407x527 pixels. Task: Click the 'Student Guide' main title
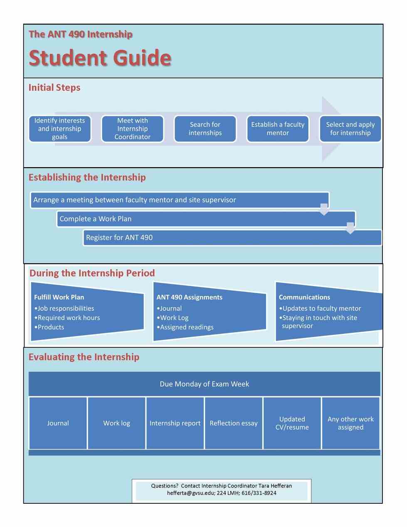[x=100, y=58]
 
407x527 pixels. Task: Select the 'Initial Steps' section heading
[x=54, y=88]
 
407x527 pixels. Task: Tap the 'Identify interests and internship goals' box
[x=60, y=129]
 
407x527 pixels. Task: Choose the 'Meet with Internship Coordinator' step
[x=132, y=129]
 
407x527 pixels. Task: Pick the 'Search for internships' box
[x=205, y=129]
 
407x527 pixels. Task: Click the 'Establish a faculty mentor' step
[x=278, y=129]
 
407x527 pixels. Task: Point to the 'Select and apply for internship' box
[x=350, y=129]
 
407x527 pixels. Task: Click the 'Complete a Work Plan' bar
[x=206, y=219]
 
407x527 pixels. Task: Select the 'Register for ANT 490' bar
[x=232, y=238]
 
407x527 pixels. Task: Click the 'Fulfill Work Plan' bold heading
[x=59, y=297]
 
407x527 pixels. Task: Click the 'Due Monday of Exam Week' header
[x=204, y=384]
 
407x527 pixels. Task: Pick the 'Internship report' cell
[x=175, y=423]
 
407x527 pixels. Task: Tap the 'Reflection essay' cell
[x=234, y=423]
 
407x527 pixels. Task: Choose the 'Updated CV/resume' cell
[x=292, y=423]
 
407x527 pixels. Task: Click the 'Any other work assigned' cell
[x=350, y=423]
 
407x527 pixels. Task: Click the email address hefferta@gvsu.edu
[x=191, y=493]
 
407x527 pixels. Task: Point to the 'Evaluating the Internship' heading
[x=84, y=357]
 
